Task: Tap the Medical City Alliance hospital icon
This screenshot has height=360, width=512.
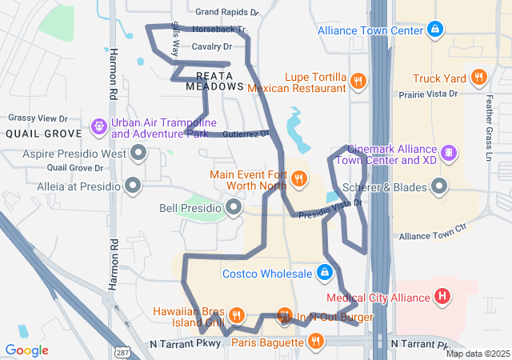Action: (x=442, y=298)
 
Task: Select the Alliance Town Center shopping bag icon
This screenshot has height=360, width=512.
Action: (x=434, y=30)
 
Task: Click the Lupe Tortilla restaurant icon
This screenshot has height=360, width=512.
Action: (x=358, y=81)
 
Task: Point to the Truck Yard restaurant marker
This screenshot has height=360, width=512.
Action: (x=479, y=78)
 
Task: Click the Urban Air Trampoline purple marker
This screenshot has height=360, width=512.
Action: (x=98, y=126)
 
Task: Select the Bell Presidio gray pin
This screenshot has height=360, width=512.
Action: (x=234, y=208)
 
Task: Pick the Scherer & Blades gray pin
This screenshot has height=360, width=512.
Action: (x=439, y=187)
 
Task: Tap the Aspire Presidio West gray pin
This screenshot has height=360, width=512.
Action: (x=139, y=152)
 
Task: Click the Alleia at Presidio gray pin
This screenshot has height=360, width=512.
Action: (x=133, y=186)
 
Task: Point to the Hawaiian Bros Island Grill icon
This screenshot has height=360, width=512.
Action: (x=236, y=314)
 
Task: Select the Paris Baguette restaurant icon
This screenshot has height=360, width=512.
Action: (x=316, y=342)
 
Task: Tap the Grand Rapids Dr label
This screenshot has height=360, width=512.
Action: (x=227, y=13)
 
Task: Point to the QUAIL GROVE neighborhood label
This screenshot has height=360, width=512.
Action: (x=43, y=134)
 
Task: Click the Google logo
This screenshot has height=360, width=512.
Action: (x=27, y=350)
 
